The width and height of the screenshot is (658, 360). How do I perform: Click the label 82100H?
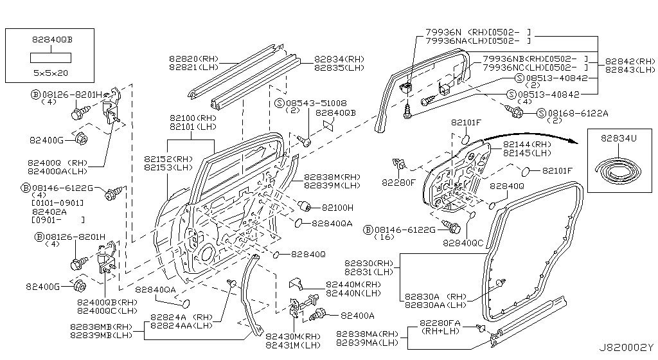337,208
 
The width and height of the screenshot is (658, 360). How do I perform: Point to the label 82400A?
357,315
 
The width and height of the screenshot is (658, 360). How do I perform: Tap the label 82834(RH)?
339,59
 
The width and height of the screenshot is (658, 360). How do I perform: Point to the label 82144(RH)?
528,145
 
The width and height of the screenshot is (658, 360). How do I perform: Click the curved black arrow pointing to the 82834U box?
527,133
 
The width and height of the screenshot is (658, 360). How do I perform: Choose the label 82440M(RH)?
353,285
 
